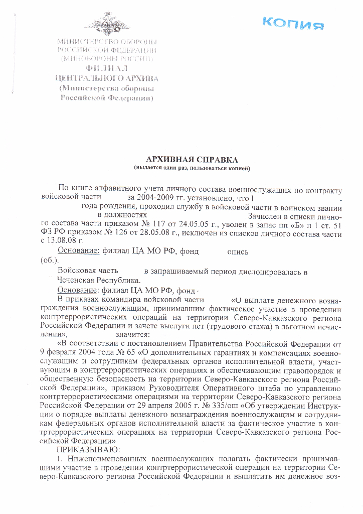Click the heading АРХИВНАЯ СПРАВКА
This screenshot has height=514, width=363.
point(192,159)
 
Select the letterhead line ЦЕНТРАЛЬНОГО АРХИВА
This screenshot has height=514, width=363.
point(107,78)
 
